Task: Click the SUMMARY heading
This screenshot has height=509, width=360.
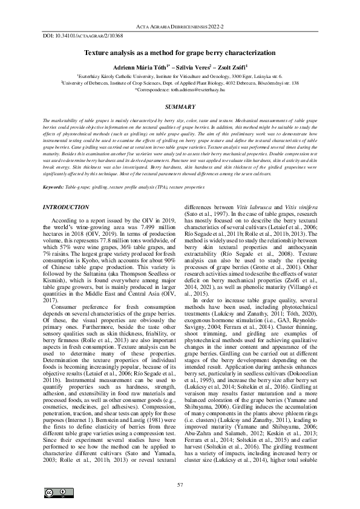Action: (x=180, y=106)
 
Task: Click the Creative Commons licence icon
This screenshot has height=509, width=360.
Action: (x=54, y=493)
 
